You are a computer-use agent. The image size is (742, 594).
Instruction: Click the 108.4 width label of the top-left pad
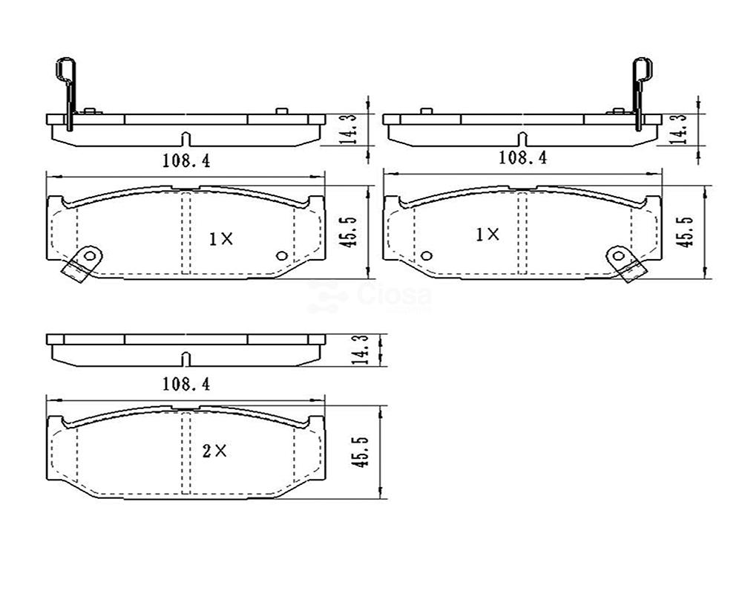(186, 160)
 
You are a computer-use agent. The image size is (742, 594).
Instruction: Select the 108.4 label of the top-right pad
(523, 157)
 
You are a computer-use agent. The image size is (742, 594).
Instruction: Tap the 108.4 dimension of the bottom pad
(186, 384)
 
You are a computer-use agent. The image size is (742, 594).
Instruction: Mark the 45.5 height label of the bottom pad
(361, 453)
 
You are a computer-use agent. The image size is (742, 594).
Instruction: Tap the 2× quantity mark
(214, 451)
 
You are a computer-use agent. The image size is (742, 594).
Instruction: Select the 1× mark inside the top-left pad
(221, 239)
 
